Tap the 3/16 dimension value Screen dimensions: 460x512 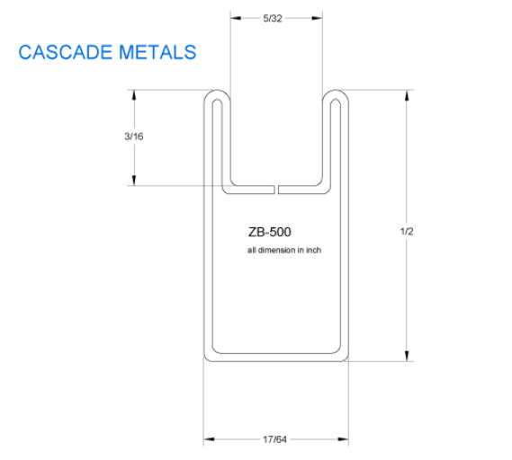133,137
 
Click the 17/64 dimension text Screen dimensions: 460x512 275,440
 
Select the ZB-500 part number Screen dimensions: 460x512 269,232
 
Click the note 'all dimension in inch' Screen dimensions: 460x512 283,250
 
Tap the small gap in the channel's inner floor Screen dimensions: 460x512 276,190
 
